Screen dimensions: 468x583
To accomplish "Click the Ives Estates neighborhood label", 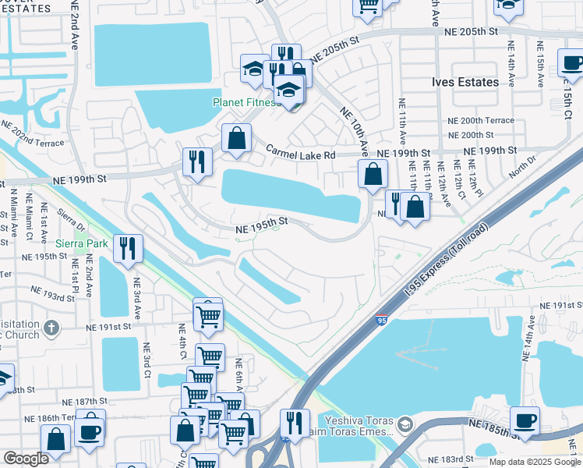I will tap(465, 82).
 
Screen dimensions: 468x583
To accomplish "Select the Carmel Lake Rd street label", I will tap(300, 154).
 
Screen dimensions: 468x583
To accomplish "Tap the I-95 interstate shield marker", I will tap(381, 320).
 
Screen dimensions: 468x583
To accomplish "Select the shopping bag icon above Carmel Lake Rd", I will tap(237, 138).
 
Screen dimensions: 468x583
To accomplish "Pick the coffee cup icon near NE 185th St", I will tap(525, 420).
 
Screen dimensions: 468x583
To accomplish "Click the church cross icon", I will tap(52, 328).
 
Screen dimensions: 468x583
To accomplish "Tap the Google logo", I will tap(26, 459).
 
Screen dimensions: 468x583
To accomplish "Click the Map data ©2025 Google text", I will tap(535, 462).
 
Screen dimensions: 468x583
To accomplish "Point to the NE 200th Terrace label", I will tap(480, 121).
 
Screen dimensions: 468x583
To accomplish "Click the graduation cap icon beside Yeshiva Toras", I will tap(405, 425).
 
